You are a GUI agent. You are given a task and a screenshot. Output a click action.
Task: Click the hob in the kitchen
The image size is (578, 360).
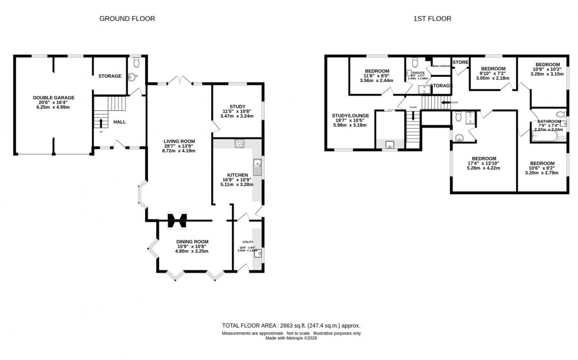[239, 143]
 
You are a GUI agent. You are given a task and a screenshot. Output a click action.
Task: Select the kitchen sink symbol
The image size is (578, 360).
[257, 164]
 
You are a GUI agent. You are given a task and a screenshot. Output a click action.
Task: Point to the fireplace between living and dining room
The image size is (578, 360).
[176, 220]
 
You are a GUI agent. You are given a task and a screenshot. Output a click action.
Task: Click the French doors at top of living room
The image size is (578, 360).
[180, 81]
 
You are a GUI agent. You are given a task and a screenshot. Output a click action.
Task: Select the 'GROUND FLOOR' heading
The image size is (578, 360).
[127, 19]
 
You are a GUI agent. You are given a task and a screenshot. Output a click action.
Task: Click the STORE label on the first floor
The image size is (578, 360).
[460, 62]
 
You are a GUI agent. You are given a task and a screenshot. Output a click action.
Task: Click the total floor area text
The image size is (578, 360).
[291, 326]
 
